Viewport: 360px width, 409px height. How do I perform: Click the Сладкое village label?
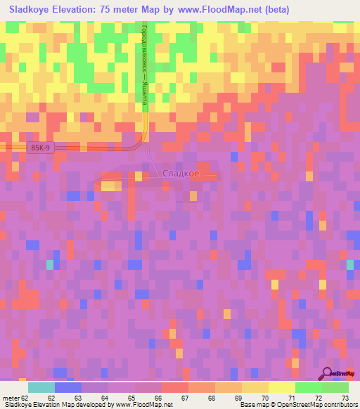(x=180, y=174)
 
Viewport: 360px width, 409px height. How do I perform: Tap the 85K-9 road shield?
(x=40, y=148)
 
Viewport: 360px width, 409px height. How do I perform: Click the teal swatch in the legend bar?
(x=41, y=387)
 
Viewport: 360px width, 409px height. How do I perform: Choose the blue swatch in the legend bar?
(x=67, y=387)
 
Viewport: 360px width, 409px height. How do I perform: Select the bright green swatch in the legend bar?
(x=308, y=387)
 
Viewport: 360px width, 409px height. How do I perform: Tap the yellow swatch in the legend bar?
(x=281, y=387)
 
